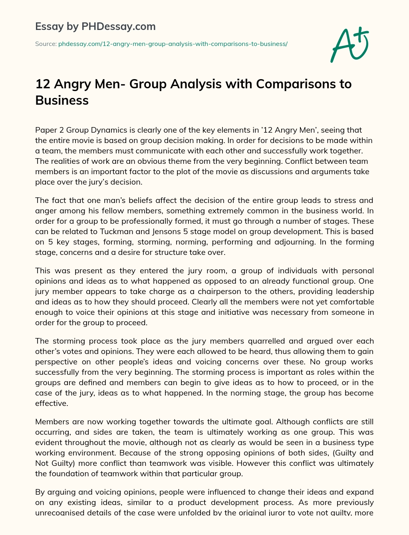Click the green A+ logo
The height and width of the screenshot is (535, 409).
tap(350, 44)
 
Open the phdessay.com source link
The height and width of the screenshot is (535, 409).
tap(173, 44)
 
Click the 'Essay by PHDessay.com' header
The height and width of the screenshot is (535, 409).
tap(95, 27)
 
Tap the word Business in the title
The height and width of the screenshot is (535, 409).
tap(62, 100)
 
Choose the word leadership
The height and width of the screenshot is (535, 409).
tap(353, 292)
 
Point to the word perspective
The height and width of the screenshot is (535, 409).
tap(56, 362)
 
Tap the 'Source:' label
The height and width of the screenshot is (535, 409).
tap(46, 44)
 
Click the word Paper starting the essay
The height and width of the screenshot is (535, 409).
tap(46, 130)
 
